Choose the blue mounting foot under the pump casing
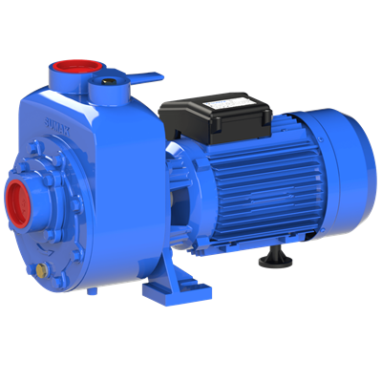point(181,286)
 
